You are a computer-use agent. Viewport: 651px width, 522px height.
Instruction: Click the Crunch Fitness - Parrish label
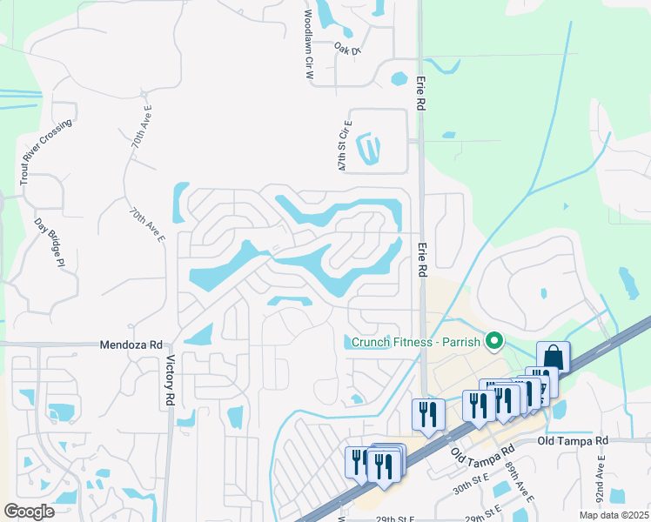[x=416, y=342]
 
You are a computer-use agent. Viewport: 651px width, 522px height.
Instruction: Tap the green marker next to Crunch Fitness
[x=494, y=341]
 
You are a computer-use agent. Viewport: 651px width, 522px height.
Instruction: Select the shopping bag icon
[x=552, y=357]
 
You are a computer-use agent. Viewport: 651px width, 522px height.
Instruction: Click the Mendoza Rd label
[x=131, y=345]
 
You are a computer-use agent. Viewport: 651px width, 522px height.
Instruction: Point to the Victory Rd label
[x=170, y=381]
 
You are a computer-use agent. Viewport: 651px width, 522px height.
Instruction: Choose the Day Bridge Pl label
[x=57, y=247]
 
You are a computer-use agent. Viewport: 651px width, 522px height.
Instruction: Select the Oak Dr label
[x=347, y=50]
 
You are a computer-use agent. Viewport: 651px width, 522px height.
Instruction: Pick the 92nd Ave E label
[x=601, y=479]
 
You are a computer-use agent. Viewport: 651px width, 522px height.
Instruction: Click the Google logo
[x=29, y=512]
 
